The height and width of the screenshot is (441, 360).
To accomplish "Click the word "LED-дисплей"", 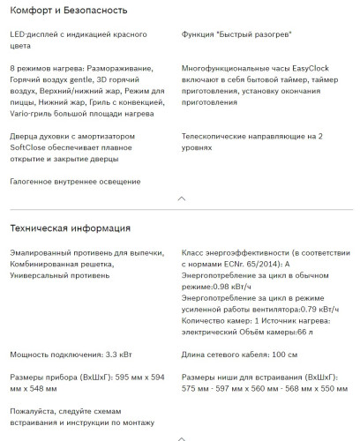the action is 35,33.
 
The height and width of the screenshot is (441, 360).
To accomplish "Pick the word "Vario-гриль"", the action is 34,113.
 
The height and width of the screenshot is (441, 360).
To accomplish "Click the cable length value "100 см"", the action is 278,355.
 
